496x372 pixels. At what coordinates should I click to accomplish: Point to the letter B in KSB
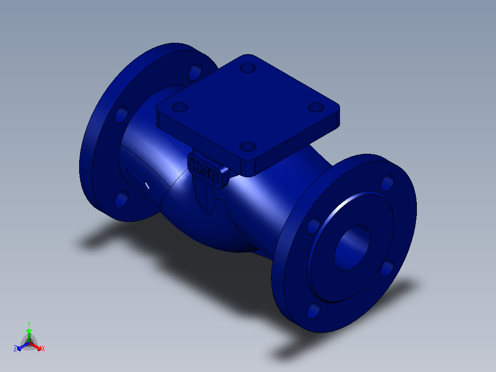[x=213, y=177]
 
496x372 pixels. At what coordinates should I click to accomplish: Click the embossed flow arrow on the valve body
[x=138, y=179]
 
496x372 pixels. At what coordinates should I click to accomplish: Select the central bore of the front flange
[x=352, y=248]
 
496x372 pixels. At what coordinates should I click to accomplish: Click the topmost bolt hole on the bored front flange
[x=387, y=183]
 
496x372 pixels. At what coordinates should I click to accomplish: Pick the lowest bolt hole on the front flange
[x=313, y=311]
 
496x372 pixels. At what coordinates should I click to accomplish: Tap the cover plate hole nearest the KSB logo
[x=248, y=146]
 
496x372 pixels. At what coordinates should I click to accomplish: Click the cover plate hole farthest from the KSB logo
[x=248, y=68]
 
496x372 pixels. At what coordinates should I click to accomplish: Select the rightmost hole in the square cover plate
[x=316, y=107]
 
